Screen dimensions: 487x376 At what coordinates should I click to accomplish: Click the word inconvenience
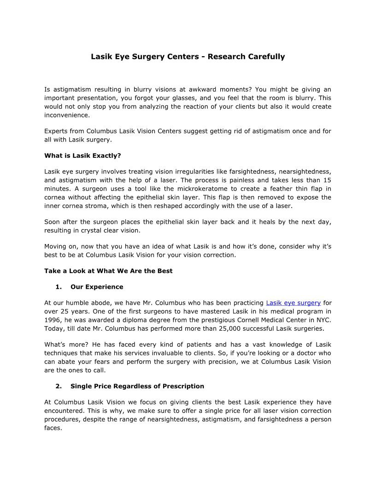67,115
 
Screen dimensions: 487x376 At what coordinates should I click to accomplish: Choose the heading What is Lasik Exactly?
82,155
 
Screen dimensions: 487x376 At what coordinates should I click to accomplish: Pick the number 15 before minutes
327,180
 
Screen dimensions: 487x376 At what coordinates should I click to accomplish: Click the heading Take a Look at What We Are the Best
108,271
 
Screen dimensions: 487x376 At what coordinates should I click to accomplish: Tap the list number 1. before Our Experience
59,287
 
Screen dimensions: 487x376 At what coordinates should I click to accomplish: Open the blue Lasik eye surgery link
294,303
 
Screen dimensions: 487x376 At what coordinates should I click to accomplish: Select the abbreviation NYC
323,320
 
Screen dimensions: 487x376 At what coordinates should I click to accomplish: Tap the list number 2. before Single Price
59,386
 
